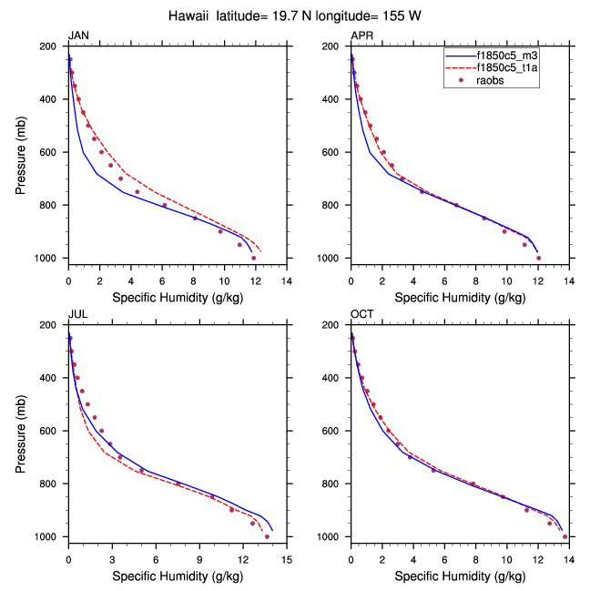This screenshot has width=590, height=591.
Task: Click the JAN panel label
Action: (78, 36)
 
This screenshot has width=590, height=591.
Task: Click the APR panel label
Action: (361, 36)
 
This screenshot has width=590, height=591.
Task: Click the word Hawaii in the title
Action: (190, 15)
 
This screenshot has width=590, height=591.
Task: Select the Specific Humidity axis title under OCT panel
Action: (459, 576)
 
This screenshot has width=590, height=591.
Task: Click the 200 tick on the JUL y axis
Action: (52, 325)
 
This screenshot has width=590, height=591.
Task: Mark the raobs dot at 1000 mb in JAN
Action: (253, 259)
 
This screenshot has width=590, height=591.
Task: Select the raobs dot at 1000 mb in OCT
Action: (565, 536)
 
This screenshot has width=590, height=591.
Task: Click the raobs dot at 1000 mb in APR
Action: (538, 259)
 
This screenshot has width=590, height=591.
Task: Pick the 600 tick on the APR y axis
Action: (335, 152)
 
